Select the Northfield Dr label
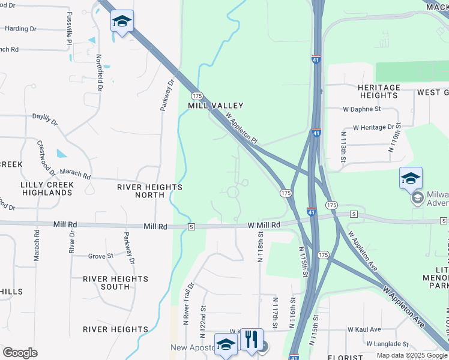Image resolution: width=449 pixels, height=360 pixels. pyautogui.click(x=99, y=73)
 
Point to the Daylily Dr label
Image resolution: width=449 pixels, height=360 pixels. pyautogui.click(x=44, y=119)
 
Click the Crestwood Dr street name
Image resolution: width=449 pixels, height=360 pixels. pyautogui.click(x=46, y=158)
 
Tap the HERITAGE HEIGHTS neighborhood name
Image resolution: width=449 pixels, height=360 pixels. pyautogui.click(x=379, y=91)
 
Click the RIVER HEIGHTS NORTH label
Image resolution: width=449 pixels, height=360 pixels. pyautogui.click(x=149, y=191)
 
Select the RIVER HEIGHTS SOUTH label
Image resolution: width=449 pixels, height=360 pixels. pyautogui.click(x=115, y=283)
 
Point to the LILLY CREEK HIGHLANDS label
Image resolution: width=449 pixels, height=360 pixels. pyautogui.click(x=46, y=188)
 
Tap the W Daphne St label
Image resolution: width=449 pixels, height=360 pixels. pyautogui.click(x=362, y=109)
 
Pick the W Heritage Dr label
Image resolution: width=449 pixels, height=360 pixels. pyautogui.click(x=373, y=127)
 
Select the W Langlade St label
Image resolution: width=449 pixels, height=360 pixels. pyautogui.click(x=387, y=344)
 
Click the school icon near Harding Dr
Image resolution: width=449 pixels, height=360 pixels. pyautogui.click(x=122, y=22)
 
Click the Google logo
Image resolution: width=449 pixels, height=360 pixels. pyautogui.click(x=20, y=353)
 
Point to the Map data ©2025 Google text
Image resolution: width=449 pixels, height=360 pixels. pyautogui.click(x=412, y=355)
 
